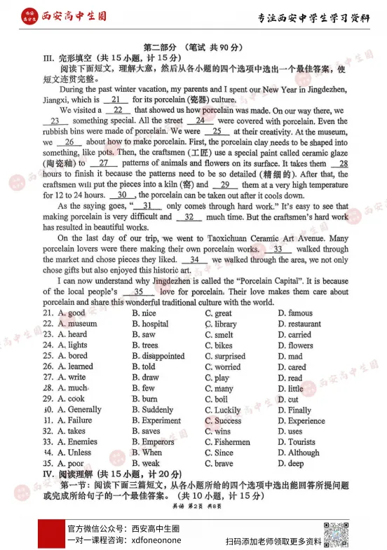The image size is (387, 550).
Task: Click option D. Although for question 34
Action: pos(298,453)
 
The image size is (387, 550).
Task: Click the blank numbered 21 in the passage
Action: pos(112,100)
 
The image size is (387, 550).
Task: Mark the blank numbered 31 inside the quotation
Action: pos(147,207)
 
